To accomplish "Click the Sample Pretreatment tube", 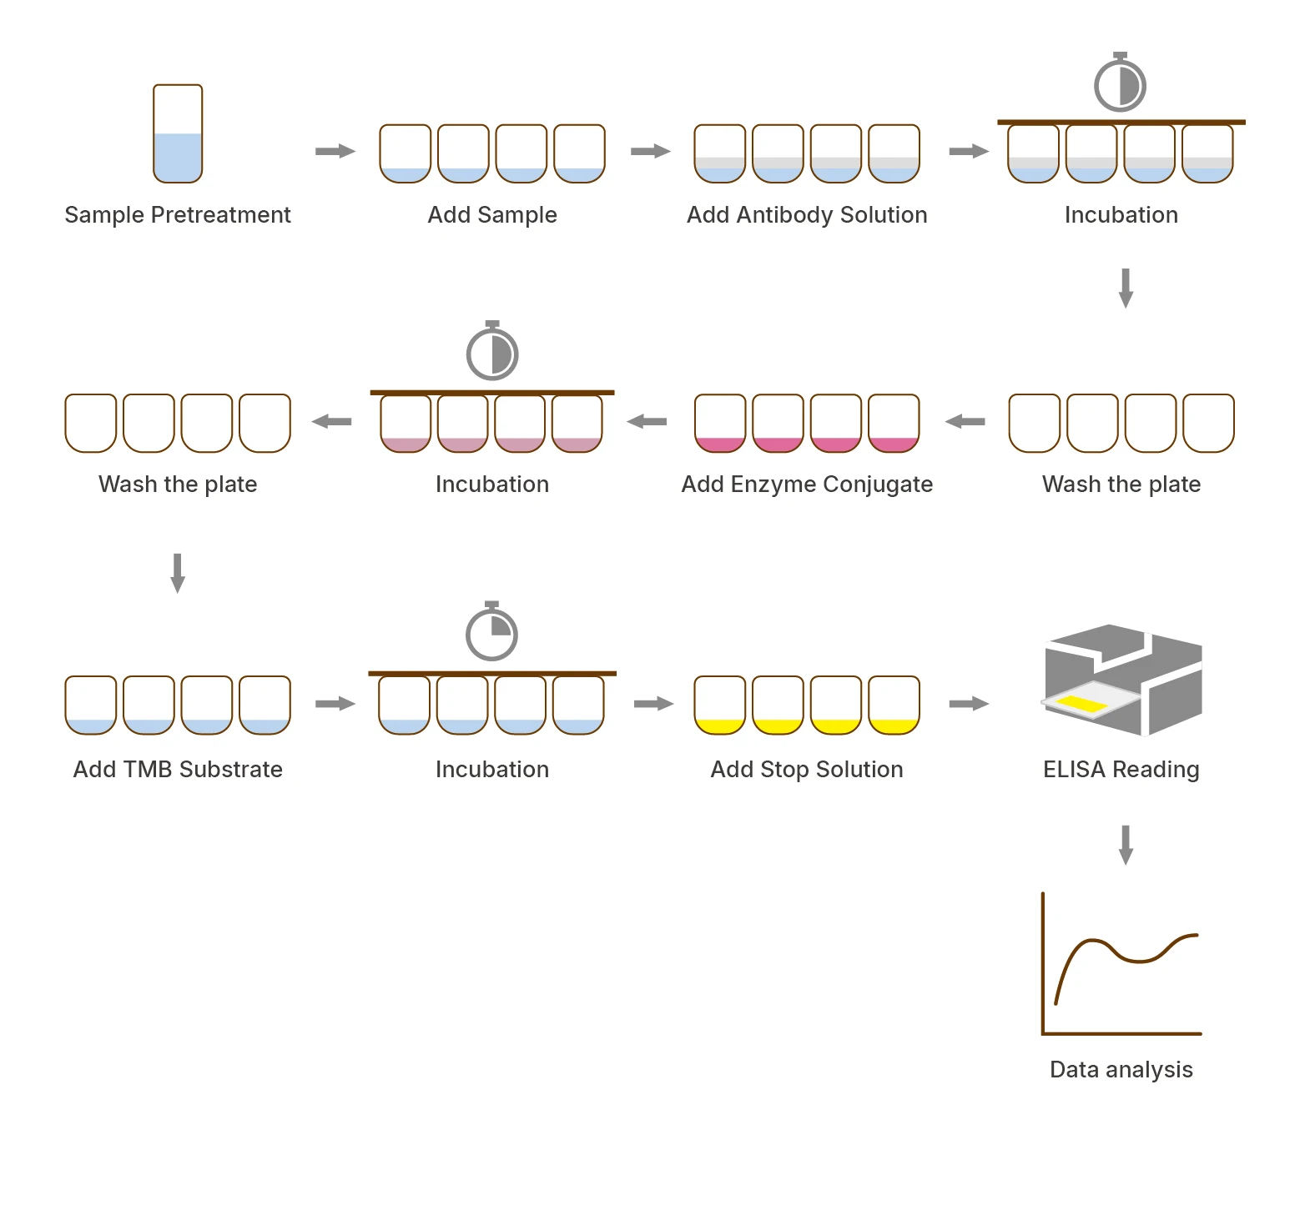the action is (178, 133).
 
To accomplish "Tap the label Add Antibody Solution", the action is (807, 215).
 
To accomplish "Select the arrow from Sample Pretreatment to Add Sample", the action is (335, 151).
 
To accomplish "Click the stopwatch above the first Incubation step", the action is (1120, 83).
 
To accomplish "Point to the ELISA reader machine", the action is (1123, 680).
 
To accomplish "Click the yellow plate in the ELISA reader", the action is (1081, 703).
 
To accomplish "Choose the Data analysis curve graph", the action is (1121, 964).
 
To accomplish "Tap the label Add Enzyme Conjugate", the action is (807, 485).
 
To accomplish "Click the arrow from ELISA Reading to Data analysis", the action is (1126, 845).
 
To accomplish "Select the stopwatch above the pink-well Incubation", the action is (492, 351).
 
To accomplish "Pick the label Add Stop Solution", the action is (807, 770).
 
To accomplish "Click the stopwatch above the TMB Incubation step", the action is (491, 631).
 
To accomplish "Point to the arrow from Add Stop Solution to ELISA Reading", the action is (969, 704).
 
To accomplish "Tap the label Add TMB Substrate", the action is (178, 770).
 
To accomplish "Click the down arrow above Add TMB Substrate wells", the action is (178, 573).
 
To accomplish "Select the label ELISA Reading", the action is (1121, 770).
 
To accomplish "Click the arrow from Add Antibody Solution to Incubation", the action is (969, 151).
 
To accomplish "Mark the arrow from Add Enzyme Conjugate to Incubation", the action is (647, 421).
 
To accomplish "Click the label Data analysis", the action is (1121, 1070).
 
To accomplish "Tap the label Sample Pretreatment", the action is (178, 215).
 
